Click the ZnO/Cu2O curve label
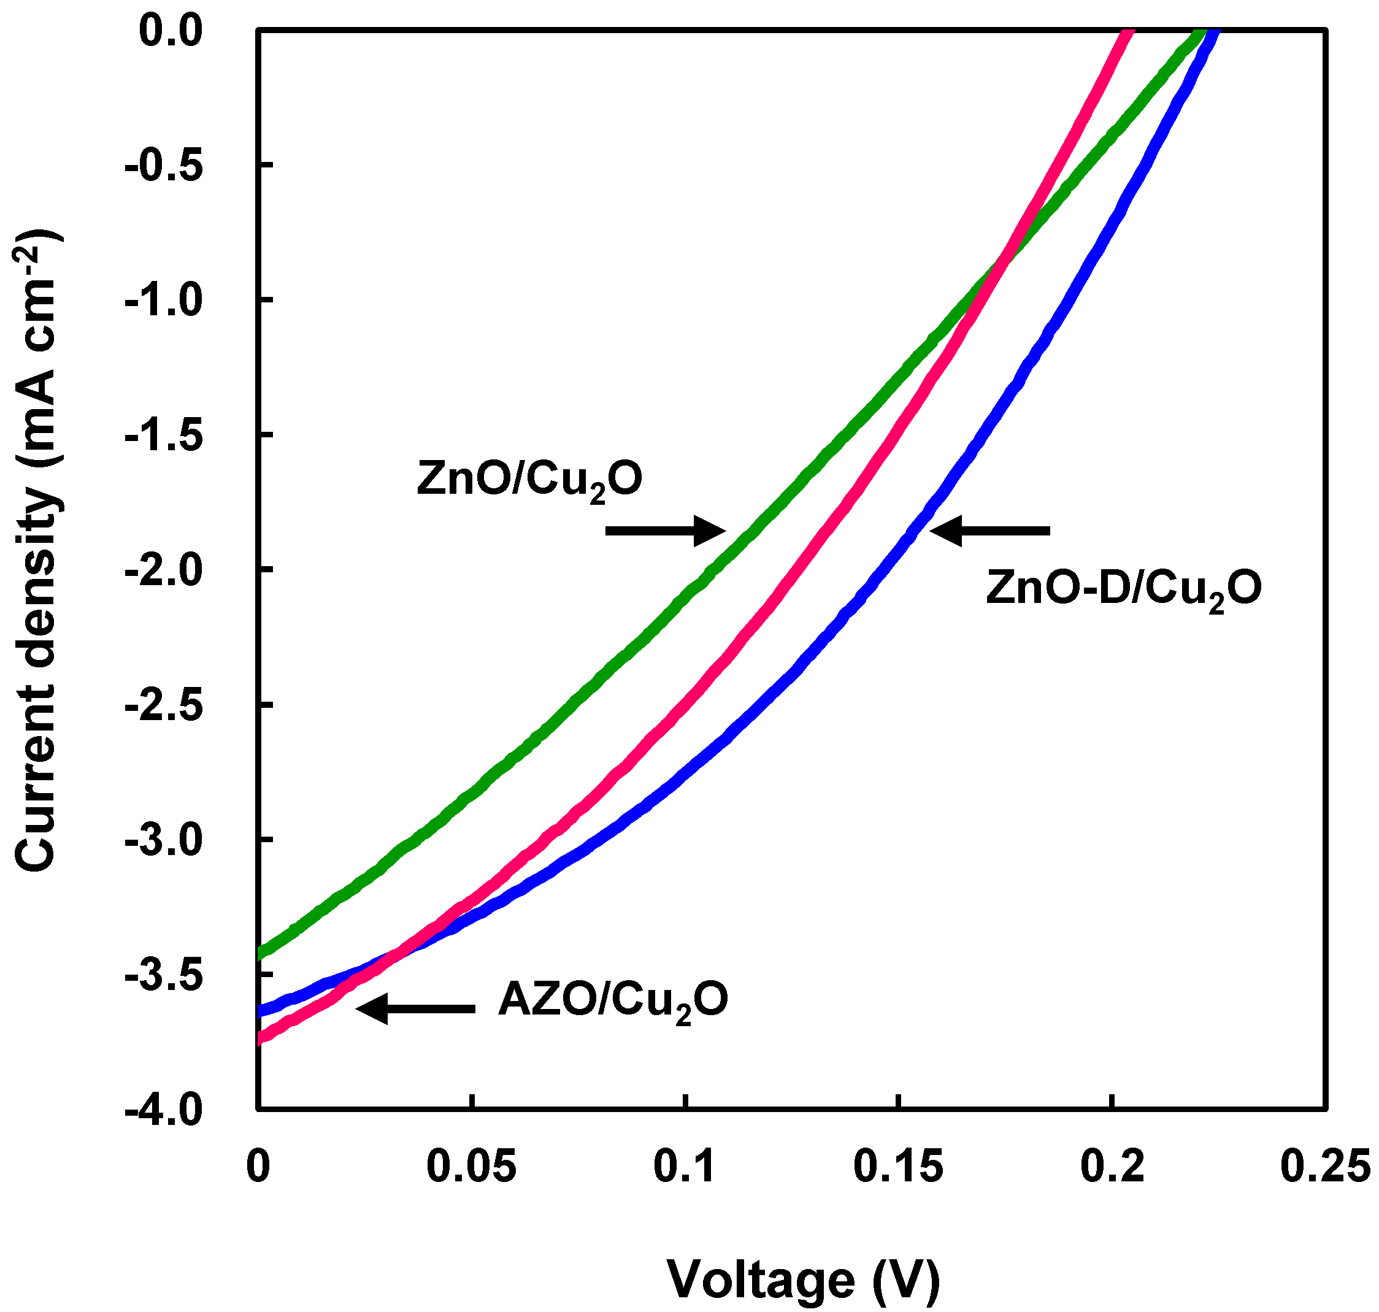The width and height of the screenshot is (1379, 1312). point(529,480)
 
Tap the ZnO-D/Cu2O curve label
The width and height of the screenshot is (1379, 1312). point(1123,589)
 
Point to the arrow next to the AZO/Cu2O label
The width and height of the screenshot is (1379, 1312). point(416,1008)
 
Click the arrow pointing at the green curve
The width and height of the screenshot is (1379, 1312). point(665,531)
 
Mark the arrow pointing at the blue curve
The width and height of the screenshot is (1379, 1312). point(990,531)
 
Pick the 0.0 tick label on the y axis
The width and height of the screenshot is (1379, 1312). point(170,31)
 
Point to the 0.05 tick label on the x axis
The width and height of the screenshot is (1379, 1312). point(471,1167)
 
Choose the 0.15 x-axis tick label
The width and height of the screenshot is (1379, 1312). point(899,1167)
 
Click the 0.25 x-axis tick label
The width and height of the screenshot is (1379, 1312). point(1324,1167)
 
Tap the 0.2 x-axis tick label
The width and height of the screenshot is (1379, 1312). point(1112,1167)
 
